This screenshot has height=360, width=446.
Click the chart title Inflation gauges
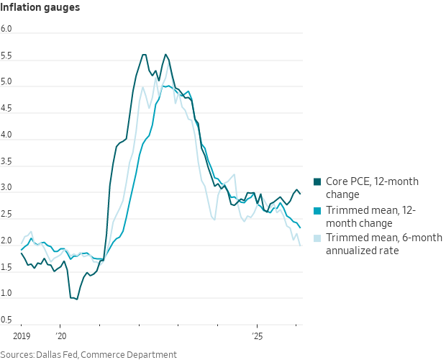click(x=40, y=8)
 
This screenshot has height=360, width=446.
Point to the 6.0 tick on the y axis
click(x=6, y=29)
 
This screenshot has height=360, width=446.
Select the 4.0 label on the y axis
click(x=6, y=135)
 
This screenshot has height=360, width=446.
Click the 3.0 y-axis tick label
click(x=6, y=187)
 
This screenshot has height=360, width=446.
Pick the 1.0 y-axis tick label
click(x=6, y=293)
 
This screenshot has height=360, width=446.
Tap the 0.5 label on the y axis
click(x=6, y=320)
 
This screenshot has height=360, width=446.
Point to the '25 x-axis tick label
click(x=257, y=336)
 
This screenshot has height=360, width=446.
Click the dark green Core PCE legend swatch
click(x=318, y=181)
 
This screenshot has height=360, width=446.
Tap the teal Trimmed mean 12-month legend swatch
click(x=318, y=210)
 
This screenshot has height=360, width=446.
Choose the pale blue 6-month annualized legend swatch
click(x=318, y=238)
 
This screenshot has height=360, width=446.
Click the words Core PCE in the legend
click(x=348, y=181)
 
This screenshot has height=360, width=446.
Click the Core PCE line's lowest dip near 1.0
click(x=76, y=299)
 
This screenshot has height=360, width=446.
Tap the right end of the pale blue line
click(x=300, y=246)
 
